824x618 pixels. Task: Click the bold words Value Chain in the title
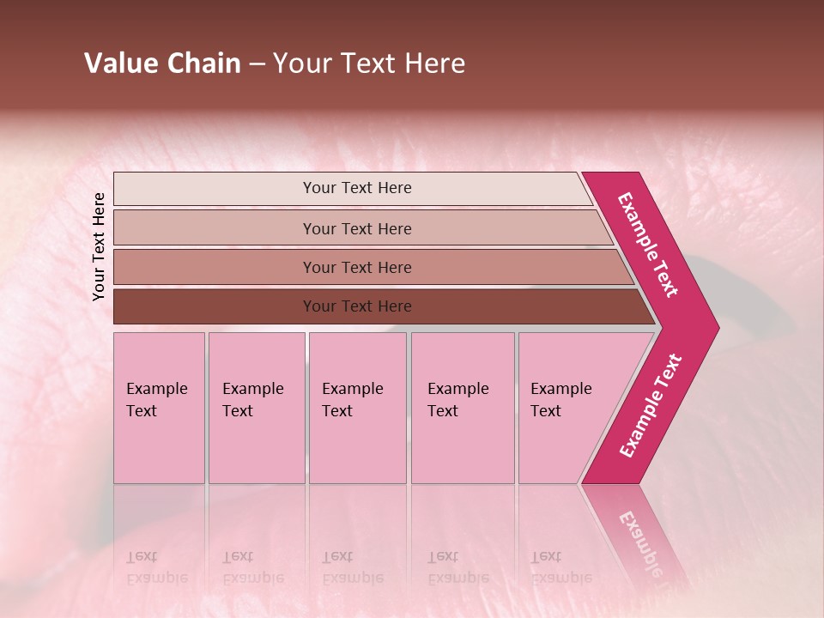[162, 64]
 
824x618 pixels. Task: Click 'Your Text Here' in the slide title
[369, 64]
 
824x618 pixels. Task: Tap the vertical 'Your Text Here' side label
[99, 246]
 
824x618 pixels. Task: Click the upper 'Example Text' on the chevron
[648, 245]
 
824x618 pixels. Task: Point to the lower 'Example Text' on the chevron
[651, 405]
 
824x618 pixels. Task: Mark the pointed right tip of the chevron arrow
[717, 327]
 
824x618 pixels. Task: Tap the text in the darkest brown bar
[357, 306]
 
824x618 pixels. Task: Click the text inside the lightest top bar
[357, 188]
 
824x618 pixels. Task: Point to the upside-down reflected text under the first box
[156, 566]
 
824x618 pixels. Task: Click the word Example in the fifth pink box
[561, 389]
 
